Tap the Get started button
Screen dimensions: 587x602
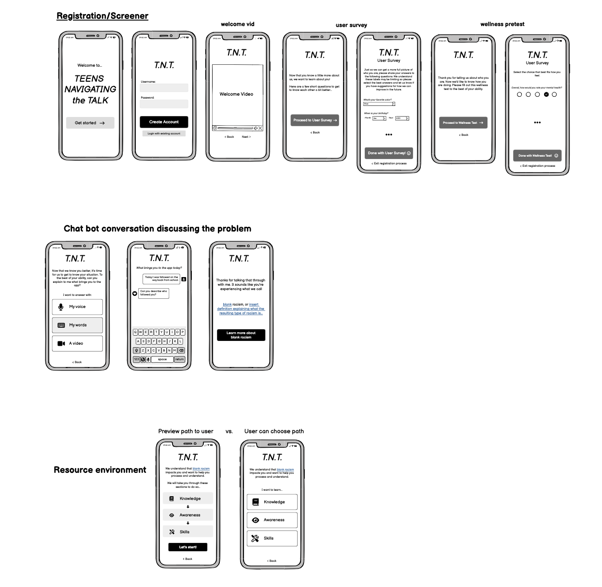pyautogui.click(x=90, y=123)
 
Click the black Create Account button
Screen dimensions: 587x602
pyautogui.click(x=164, y=122)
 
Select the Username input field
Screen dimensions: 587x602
pyautogui.click(x=164, y=88)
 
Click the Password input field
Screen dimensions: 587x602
pyautogui.click(x=164, y=103)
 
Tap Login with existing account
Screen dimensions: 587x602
pyautogui.click(x=164, y=133)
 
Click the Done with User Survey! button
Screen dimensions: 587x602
pyautogui.click(x=388, y=153)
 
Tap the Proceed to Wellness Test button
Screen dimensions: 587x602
pyautogui.click(x=463, y=123)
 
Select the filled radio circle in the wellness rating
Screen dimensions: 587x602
pyautogui.click(x=546, y=95)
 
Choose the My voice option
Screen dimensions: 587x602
pyautogui.click(x=77, y=307)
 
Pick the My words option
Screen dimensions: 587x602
pyautogui.click(x=77, y=325)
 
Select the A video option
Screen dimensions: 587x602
pyautogui.click(x=77, y=343)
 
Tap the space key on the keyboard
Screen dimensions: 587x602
pyautogui.click(x=162, y=359)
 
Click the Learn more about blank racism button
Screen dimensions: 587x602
pyautogui.click(x=241, y=335)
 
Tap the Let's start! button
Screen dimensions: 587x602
pyautogui.click(x=187, y=547)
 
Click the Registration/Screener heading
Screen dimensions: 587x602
pyautogui.click(x=102, y=16)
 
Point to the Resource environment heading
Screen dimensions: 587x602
pyautogui.click(x=100, y=470)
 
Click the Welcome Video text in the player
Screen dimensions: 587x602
pyautogui.click(x=236, y=94)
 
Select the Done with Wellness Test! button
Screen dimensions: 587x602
pyautogui.click(x=537, y=156)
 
